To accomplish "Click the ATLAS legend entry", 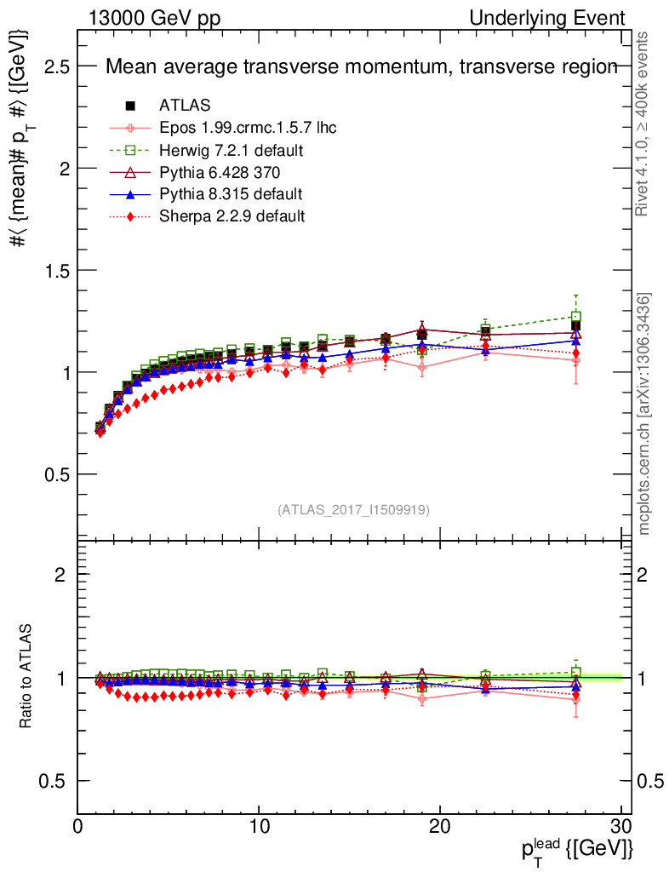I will tap(185, 106).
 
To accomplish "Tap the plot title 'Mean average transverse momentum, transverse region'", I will tap(361, 68).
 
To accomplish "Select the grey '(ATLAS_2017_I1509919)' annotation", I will tap(353, 510).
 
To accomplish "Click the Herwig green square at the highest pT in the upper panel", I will tap(576, 317).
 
